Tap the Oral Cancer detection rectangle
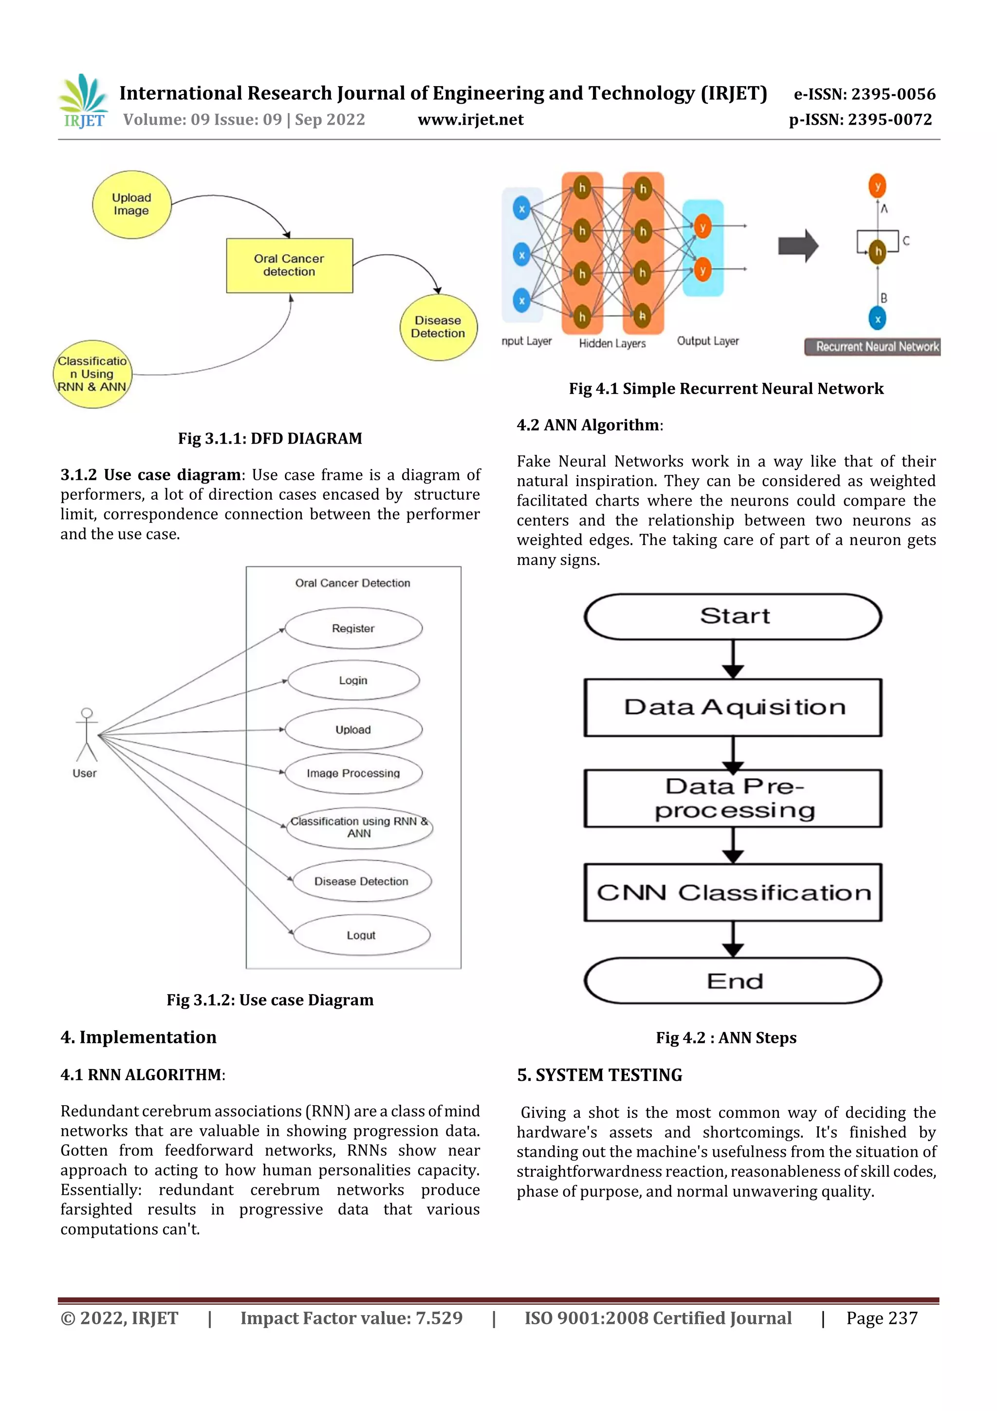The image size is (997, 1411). click(x=289, y=265)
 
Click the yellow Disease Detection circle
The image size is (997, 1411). click(x=438, y=327)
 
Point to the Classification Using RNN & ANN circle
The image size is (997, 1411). click(x=92, y=374)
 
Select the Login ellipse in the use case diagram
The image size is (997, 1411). click(x=353, y=680)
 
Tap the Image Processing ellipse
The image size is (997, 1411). click(x=353, y=773)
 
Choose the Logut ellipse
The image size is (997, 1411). click(x=361, y=935)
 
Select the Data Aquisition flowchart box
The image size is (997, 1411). click(x=733, y=707)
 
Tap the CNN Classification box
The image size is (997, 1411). click(x=733, y=892)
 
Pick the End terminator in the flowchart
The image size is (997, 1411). click(x=733, y=981)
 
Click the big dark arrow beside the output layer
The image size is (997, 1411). click(x=798, y=246)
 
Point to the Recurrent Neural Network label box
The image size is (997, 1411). click(x=873, y=347)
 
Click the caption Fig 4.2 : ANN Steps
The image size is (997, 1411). click(x=726, y=1038)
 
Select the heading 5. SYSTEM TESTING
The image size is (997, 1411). click(x=600, y=1075)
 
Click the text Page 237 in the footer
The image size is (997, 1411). click(x=882, y=1318)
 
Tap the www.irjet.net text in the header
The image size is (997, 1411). click(x=471, y=120)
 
